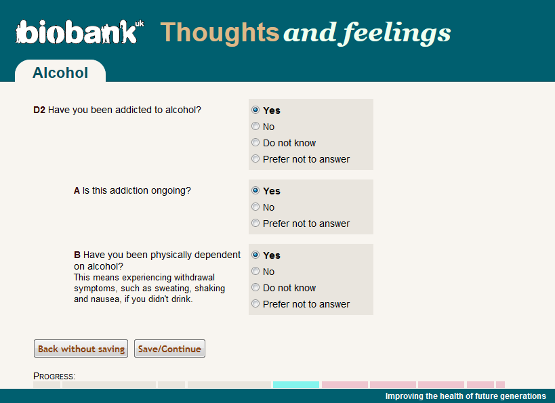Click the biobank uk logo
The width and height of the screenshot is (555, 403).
click(79, 32)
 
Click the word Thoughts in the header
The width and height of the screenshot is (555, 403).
click(220, 33)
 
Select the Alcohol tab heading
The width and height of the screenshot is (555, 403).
click(60, 72)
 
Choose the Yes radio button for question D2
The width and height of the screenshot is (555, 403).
click(255, 110)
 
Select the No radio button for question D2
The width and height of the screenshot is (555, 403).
click(255, 126)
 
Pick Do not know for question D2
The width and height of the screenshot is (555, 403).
click(255, 142)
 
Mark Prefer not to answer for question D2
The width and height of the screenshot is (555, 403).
click(255, 158)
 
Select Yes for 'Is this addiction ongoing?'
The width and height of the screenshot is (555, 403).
click(255, 190)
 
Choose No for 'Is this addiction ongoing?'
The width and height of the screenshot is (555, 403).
click(255, 207)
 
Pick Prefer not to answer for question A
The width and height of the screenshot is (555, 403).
click(255, 223)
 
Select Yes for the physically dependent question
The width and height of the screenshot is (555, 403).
click(255, 255)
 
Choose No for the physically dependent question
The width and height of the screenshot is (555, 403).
click(255, 271)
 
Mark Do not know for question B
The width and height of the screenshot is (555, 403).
click(255, 287)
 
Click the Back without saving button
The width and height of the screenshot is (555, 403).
click(81, 349)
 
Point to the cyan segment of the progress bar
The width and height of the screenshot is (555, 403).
click(296, 385)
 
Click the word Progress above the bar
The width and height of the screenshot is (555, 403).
click(54, 376)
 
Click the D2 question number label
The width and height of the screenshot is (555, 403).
click(39, 110)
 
